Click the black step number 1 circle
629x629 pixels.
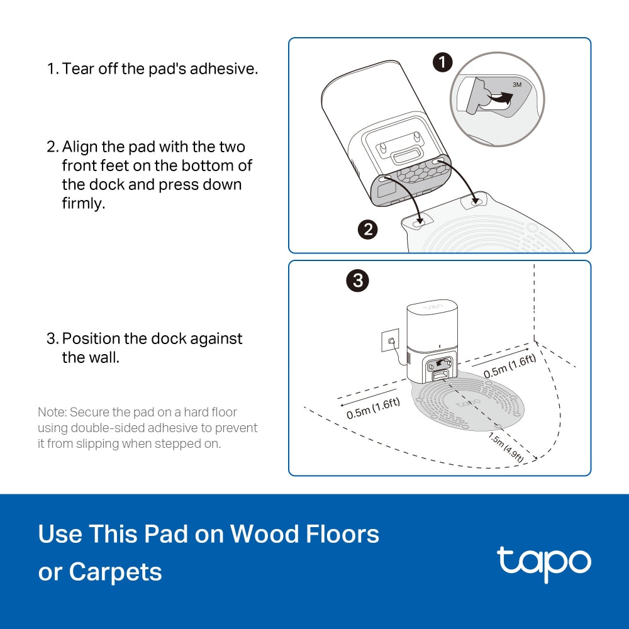click(x=443, y=62)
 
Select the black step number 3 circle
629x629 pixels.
click(x=358, y=281)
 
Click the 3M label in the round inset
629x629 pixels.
click(x=517, y=83)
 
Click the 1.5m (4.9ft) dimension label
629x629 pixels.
click(x=506, y=448)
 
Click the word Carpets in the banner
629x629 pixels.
click(x=115, y=572)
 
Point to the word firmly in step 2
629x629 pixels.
click(x=83, y=204)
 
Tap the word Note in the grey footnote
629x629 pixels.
click(x=52, y=413)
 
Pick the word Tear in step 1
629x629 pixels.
click(x=76, y=69)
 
